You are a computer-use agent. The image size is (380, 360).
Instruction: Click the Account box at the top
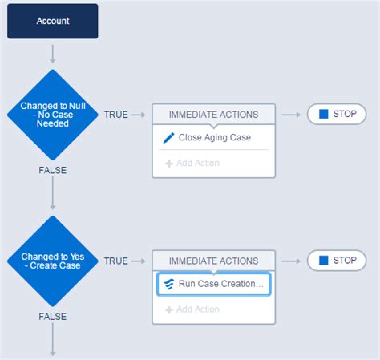tap(53, 21)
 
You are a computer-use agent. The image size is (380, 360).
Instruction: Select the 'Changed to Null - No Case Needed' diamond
tap(53, 115)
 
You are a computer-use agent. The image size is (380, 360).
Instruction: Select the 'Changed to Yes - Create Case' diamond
tap(53, 261)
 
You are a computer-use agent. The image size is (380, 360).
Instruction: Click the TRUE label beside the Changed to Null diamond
tap(116, 115)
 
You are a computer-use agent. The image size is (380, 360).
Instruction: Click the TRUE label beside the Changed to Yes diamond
tap(116, 261)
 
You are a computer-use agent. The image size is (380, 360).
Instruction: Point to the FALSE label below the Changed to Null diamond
tap(53, 170)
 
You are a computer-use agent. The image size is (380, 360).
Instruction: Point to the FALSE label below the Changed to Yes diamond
tap(53, 317)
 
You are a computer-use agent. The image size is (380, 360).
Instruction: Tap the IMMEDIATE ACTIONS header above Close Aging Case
tap(213, 115)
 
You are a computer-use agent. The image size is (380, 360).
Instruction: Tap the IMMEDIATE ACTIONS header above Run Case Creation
tap(213, 261)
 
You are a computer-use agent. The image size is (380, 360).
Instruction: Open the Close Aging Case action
tap(214, 138)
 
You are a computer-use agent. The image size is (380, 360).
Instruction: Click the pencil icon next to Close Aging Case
tap(168, 138)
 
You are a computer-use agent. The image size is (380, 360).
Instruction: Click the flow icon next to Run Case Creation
tap(168, 284)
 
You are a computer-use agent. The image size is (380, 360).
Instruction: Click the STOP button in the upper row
tap(337, 115)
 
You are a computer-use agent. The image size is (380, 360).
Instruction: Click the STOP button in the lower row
tap(337, 261)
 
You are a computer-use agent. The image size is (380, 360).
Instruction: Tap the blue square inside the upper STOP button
tap(323, 115)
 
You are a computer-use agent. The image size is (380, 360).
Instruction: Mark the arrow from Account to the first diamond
tap(53, 55)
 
